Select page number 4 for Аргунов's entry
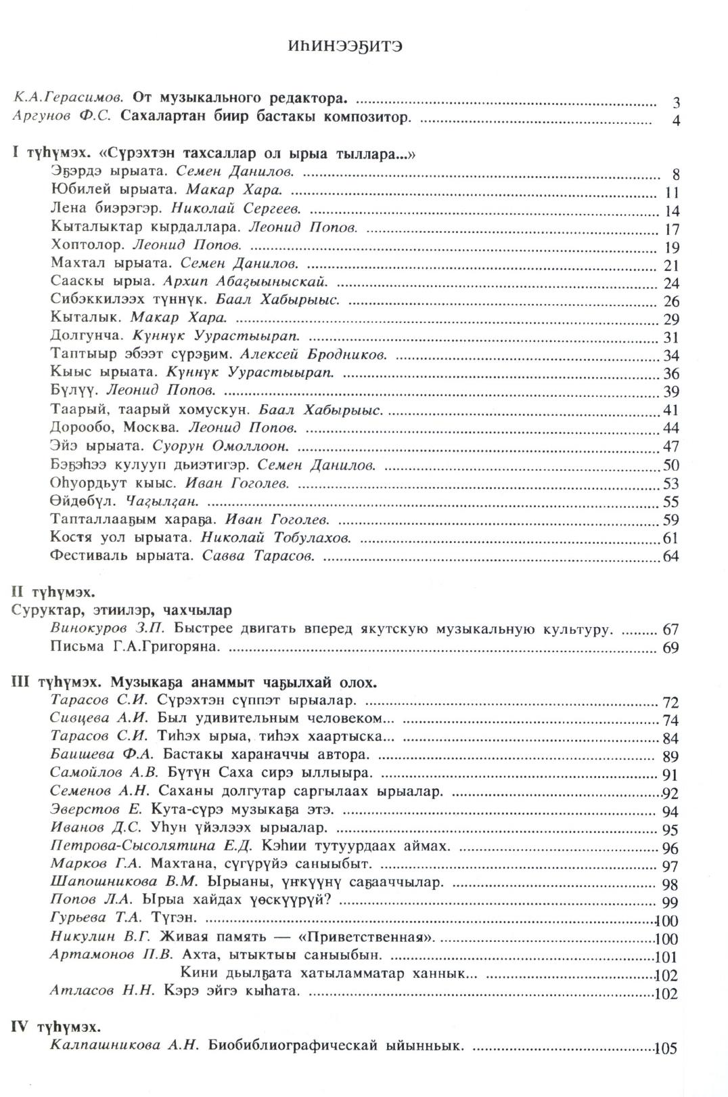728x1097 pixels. (676, 121)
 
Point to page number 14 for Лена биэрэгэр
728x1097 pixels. (672, 211)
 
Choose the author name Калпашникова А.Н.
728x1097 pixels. (124, 1045)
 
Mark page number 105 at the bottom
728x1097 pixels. (666, 1048)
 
